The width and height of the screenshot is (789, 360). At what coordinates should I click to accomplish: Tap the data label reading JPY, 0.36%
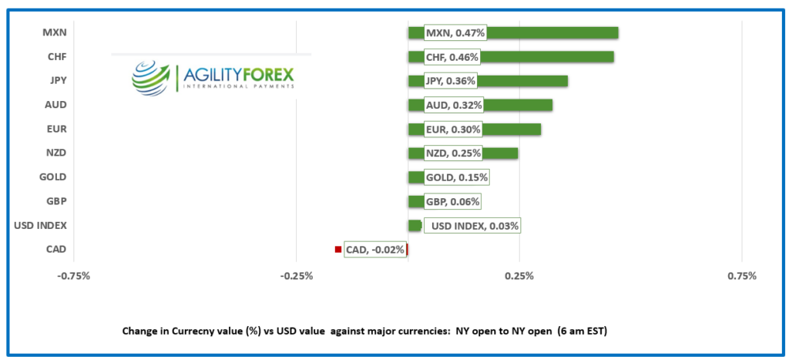[x=450, y=81]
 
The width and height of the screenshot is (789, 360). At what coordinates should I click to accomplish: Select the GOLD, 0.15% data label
[x=456, y=177]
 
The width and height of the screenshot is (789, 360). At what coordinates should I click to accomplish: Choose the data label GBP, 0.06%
[x=452, y=202]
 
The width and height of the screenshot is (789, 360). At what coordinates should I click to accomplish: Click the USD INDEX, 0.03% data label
[x=475, y=226]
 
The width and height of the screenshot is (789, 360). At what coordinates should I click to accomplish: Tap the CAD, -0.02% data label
[x=375, y=250]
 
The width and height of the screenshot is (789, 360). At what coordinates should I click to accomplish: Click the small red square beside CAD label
[x=337, y=249]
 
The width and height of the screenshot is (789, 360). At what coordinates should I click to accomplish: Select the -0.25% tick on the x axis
[x=297, y=276]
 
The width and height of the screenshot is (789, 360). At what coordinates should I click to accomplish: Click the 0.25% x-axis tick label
[x=519, y=276]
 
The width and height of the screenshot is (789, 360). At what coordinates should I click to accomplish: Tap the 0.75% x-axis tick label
[x=741, y=276]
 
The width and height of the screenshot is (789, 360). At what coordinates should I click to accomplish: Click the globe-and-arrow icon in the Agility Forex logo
[x=151, y=77]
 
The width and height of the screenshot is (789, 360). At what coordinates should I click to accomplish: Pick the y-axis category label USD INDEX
[x=41, y=225]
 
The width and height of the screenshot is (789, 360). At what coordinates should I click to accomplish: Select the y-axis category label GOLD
[x=52, y=177]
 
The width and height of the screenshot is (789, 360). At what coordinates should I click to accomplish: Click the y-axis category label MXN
[x=55, y=32]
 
